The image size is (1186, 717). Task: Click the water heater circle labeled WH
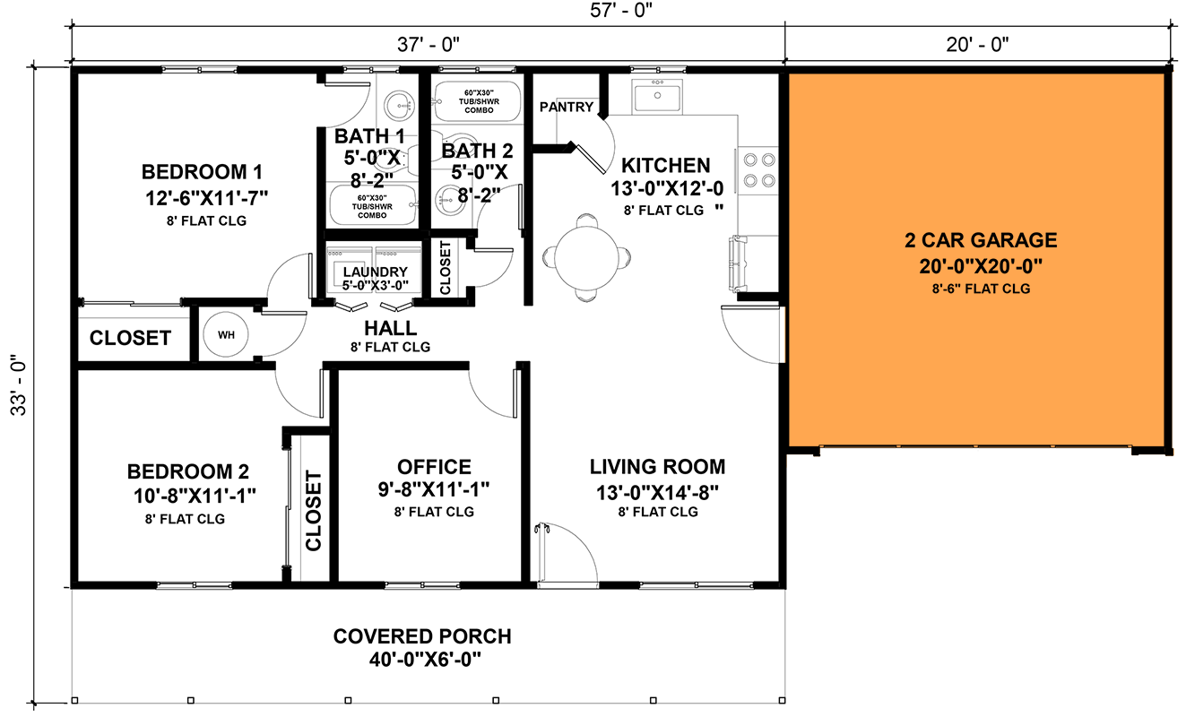226,335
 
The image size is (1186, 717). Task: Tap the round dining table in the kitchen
585,256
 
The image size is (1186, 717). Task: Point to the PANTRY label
567,108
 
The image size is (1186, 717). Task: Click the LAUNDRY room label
375,272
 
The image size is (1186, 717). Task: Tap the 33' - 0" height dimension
15,386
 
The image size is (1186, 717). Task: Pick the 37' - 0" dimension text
427,43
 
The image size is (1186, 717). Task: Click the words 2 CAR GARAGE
981,240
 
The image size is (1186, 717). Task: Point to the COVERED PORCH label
422,636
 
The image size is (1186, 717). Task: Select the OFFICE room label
434,467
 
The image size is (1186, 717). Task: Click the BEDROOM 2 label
187,471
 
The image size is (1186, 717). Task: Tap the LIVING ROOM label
657,467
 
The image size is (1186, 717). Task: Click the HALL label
390,329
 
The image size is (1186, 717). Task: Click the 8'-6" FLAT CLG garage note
980,289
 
